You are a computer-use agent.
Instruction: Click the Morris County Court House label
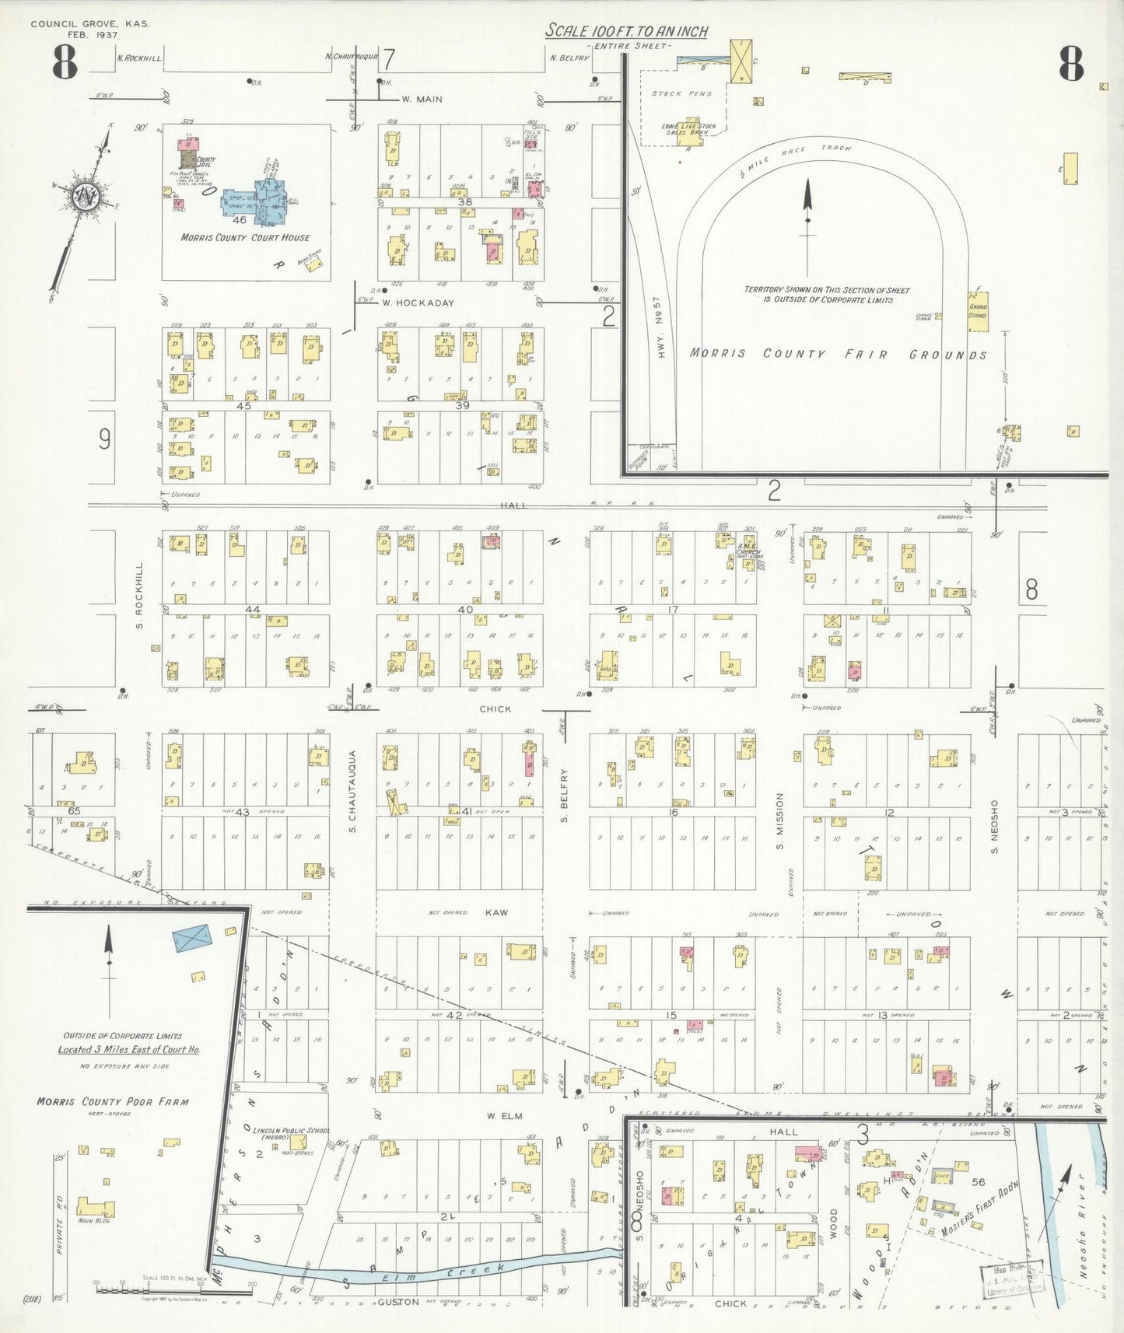[x=245, y=237]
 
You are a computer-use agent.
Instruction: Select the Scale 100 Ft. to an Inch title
[x=626, y=31]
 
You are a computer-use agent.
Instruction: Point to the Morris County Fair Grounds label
[x=838, y=354]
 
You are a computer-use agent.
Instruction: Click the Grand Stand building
[x=979, y=311]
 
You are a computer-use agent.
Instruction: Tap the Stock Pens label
[x=677, y=93]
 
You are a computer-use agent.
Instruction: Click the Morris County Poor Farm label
[x=112, y=1101]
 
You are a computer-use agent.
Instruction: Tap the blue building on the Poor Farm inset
[x=192, y=937]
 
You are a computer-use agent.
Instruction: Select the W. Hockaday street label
[x=418, y=303]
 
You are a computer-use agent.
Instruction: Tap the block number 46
[x=240, y=220]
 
